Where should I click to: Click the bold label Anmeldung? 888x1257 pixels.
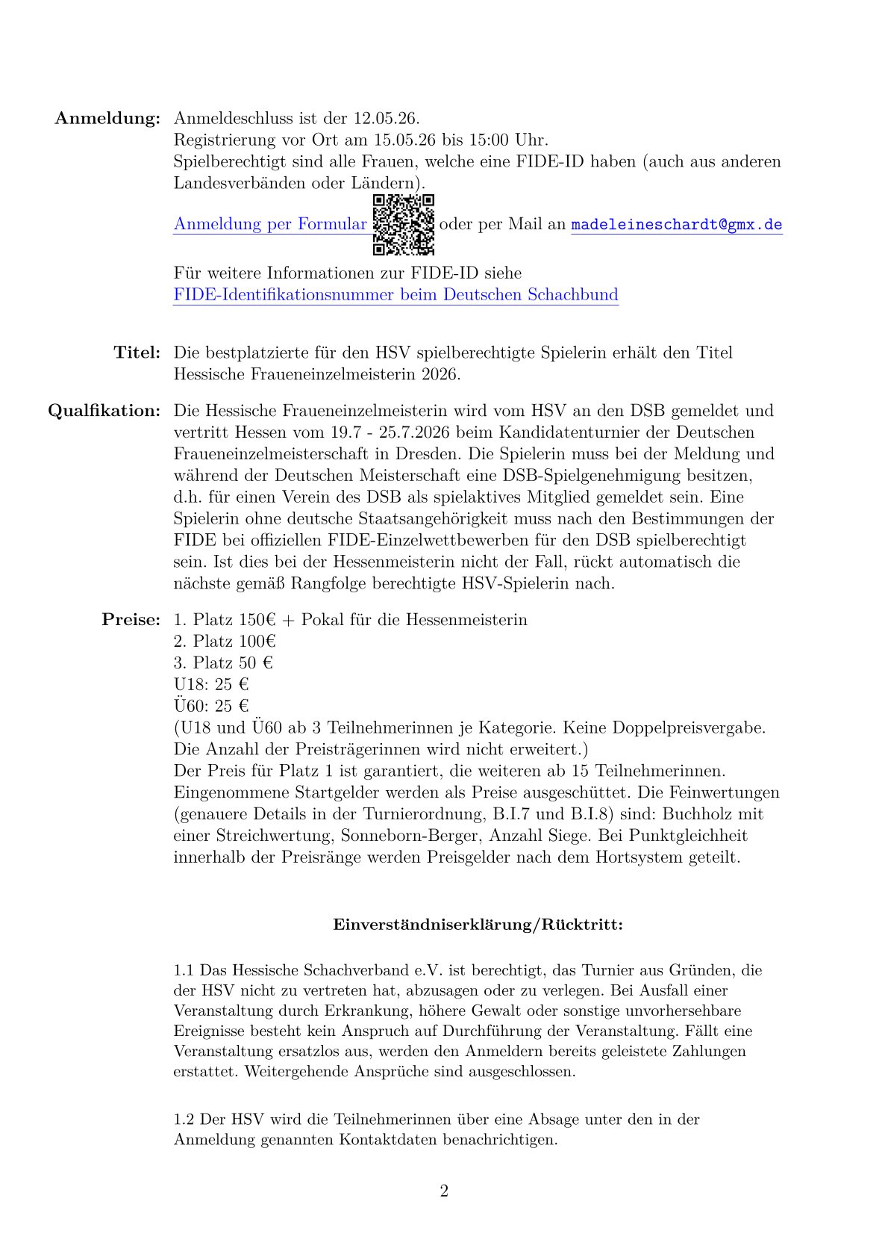pos(107,119)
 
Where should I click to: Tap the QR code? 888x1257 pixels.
pos(404,225)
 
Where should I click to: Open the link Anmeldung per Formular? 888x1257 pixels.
pos(270,225)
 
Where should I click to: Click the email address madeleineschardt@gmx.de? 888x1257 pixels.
pos(677,225)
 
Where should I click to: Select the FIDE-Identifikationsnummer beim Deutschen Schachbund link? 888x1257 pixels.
pos(395,295)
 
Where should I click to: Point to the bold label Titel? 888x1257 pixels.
pos(137,353)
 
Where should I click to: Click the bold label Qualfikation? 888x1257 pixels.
pos(104,411)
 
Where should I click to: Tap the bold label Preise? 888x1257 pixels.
pos(131,620)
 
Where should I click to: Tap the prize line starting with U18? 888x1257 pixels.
pos(211,685)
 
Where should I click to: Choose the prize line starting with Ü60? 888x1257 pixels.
pos(211,706)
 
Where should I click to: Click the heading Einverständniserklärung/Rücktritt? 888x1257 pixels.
pos(478,925)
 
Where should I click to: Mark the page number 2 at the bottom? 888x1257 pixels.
pos(444,1191)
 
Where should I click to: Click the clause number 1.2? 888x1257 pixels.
pos(184,1120)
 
